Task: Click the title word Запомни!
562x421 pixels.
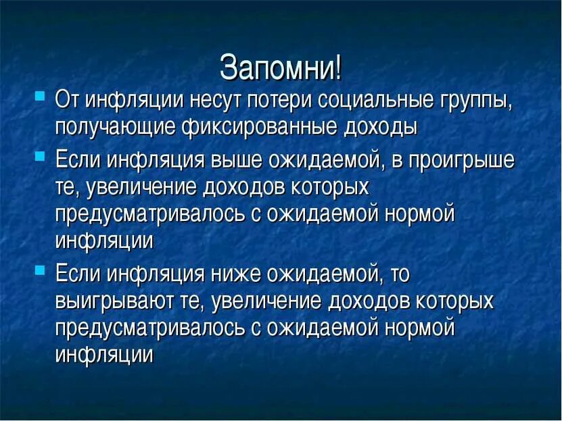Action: [281, 68]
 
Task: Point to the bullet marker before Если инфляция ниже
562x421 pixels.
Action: [40, 268]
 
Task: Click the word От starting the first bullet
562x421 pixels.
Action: [68, 100]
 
